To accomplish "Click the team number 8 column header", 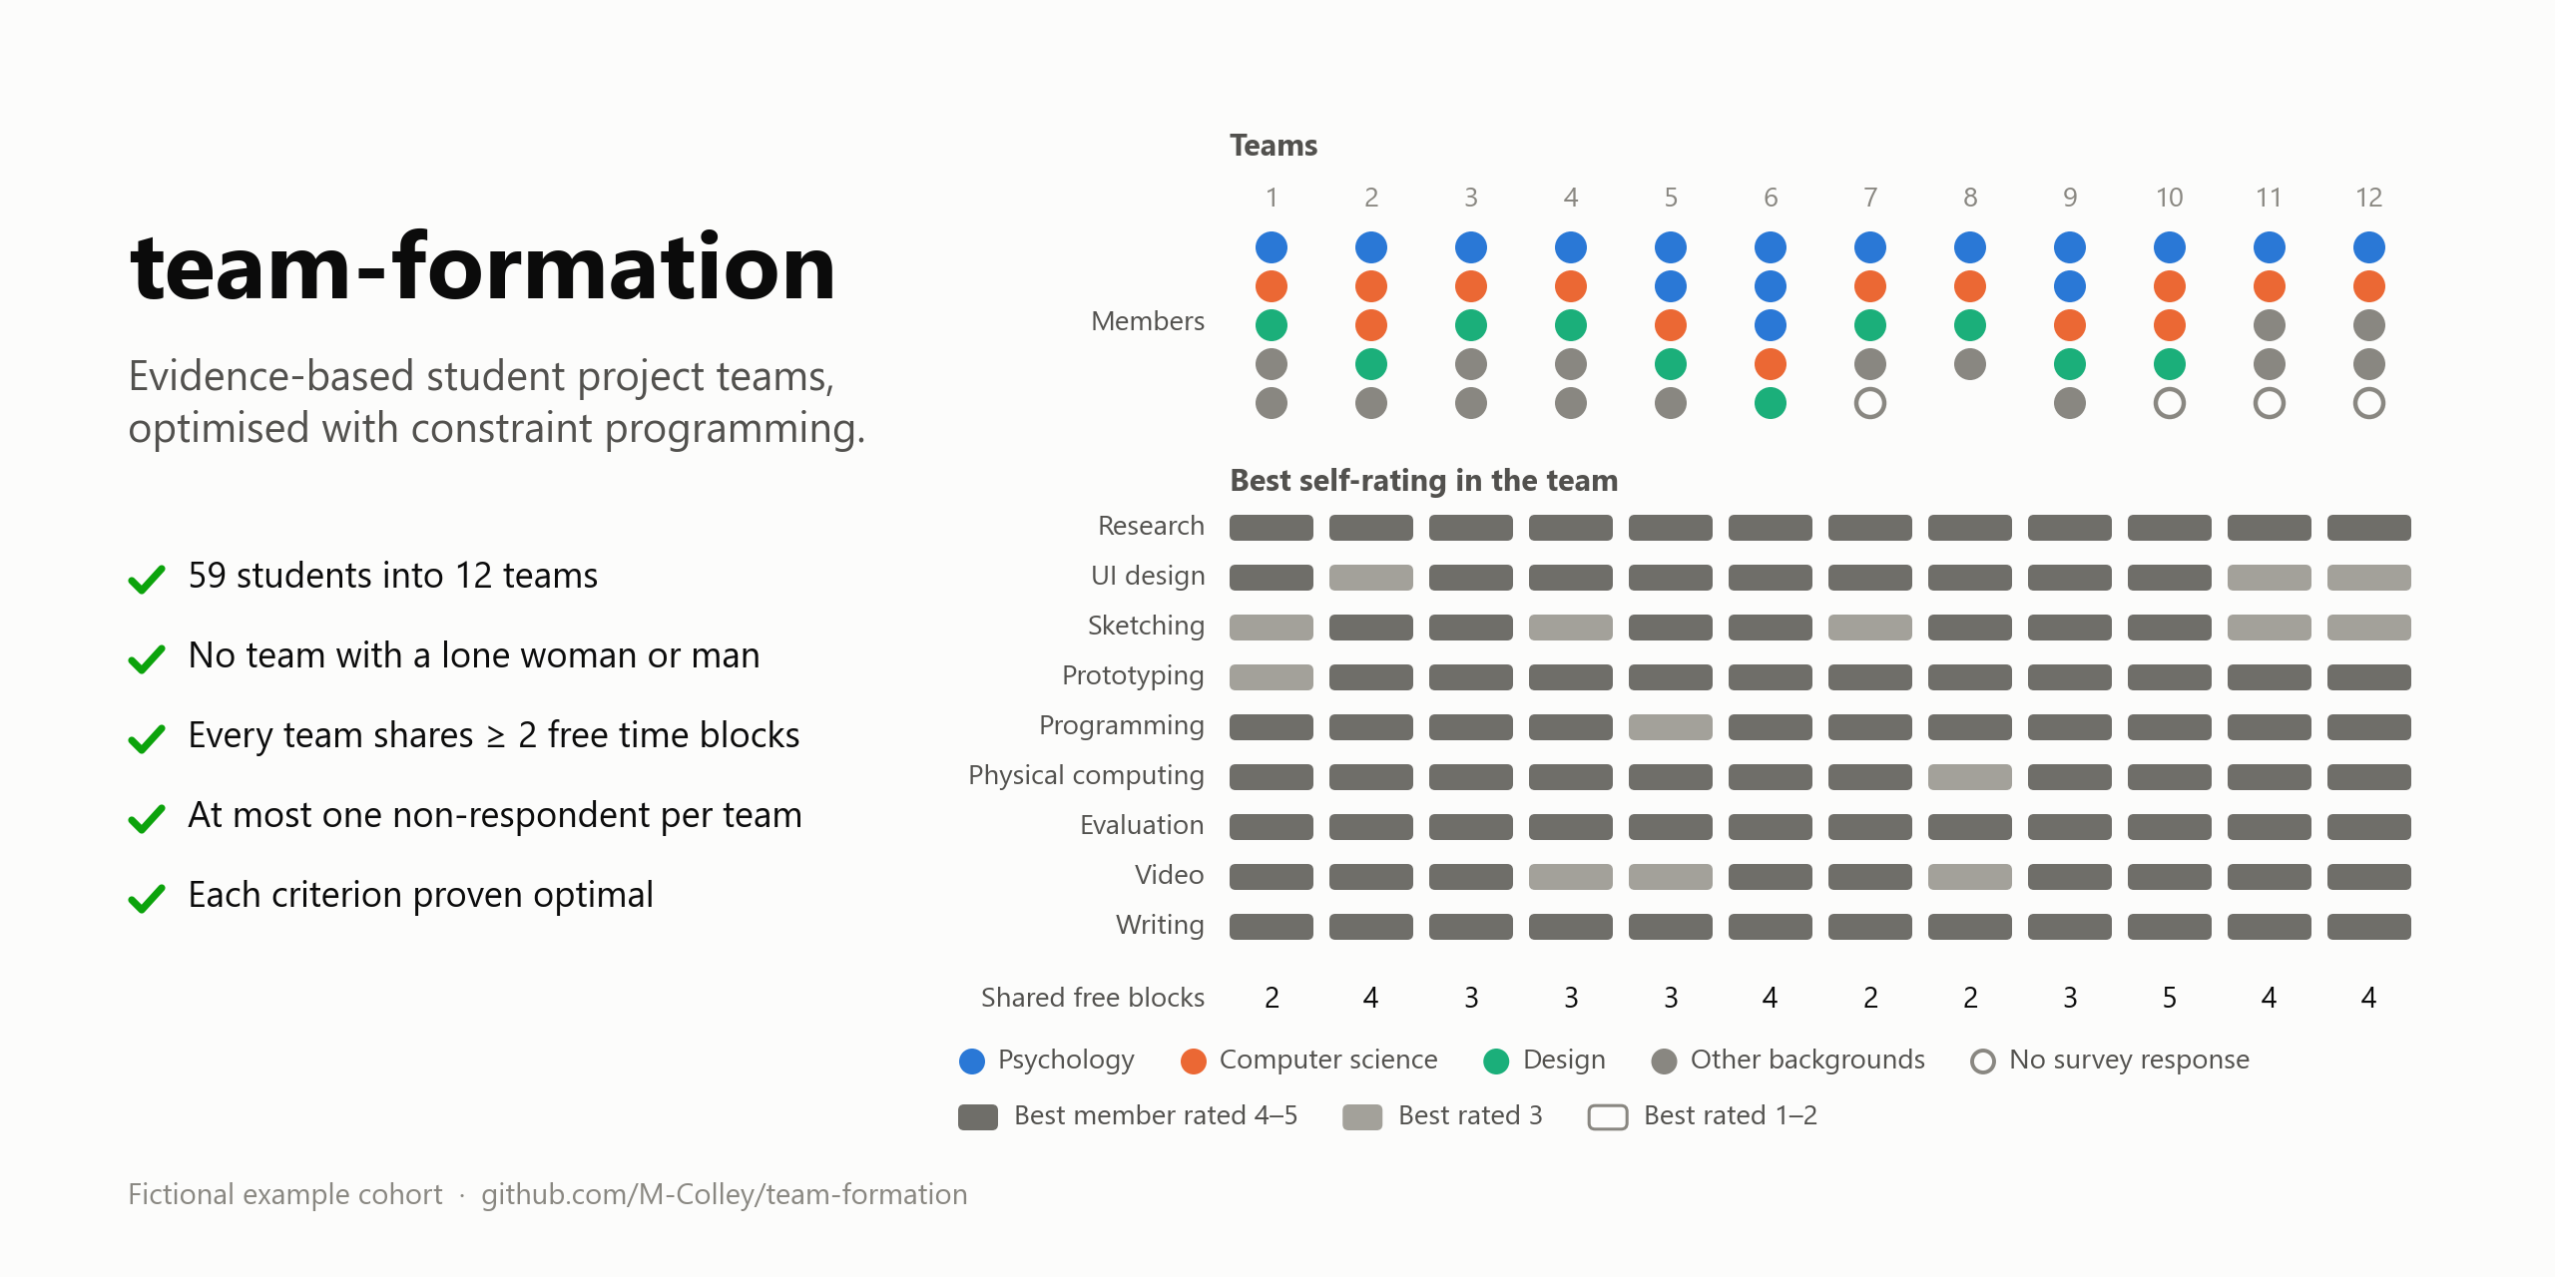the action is (1970, 198).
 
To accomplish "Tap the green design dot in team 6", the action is (1771, 403).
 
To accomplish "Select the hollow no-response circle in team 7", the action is (1870, 403).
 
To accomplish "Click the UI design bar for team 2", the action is (1371, 578).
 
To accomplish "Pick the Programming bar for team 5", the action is (1671, 727).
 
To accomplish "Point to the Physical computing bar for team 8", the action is (1970, 777).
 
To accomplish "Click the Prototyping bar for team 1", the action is (1272, 677).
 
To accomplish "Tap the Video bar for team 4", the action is (1571, 877).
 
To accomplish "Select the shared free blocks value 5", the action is (2170, 998).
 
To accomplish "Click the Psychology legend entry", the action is (1047, 1061).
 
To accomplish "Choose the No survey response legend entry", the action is (2110, 1061).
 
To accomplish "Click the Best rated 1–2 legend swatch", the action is (1608, 1116).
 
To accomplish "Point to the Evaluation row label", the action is (1142, 825).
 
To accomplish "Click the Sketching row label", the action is (1146, 627).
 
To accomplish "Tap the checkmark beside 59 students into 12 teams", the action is (147, 579).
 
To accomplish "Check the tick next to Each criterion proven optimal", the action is (147, 898).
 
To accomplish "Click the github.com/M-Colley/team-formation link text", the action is (725, 1194).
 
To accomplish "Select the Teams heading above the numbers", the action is (1274, 146).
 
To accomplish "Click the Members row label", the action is (1148, 321).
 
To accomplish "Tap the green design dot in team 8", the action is (1970, 325).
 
